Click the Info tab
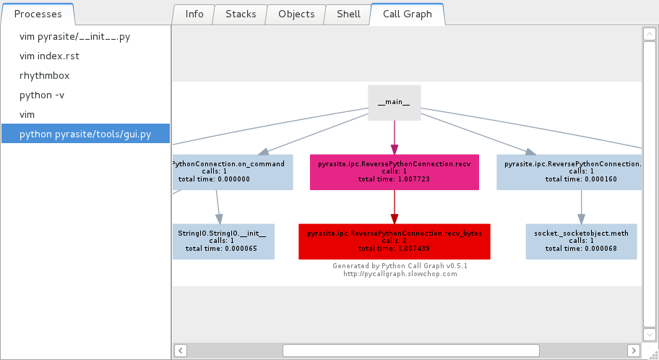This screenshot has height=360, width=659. tap(194, 14)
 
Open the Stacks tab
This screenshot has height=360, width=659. tap(241, 14)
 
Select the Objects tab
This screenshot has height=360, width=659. tap(296, 14)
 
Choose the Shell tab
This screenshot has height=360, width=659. tap(348, 14)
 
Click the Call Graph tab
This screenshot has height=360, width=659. tap(408, 14)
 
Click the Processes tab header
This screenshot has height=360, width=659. tap(38, 14)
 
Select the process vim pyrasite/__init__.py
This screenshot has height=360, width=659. tap(74, 36)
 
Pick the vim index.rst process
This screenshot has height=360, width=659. tap(53, 56)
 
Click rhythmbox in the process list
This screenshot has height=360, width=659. tap(44, 75)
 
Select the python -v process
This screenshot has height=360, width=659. tap(42, 95)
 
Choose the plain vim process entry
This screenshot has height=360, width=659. tap(27, 114)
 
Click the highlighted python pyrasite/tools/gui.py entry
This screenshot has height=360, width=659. tap(85, 134)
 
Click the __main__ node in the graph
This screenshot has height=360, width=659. tap(394, 103)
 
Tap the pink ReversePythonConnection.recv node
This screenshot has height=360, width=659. tap(394, 171)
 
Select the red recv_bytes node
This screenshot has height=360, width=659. tap(394, 241)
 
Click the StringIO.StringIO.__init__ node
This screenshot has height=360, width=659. tap(223, 241)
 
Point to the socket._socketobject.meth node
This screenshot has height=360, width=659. tap(581, 241)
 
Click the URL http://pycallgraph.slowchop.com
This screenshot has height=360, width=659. tap(400, 274)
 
